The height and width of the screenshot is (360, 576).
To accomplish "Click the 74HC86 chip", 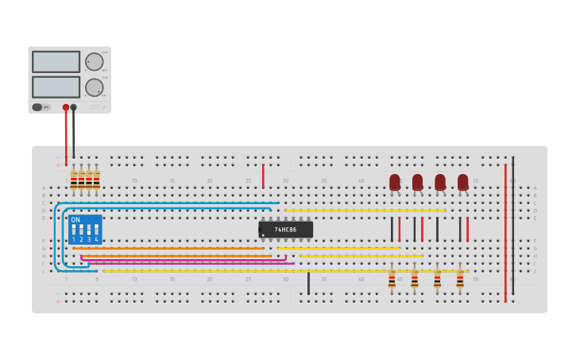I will click(x=285, y=230).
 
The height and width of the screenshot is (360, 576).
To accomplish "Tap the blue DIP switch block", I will click(x=85, y=230).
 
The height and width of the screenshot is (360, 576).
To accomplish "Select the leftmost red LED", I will click(x=395, y=182).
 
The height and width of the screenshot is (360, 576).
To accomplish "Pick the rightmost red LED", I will click(x=462, y=182).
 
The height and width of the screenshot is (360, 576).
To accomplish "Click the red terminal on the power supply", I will click(x=66, y=107).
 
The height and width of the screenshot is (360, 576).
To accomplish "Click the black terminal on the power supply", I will click(x=74, y=107).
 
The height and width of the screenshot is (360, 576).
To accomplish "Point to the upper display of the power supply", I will click(x=56, y=62).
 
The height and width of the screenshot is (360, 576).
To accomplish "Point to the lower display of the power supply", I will click(x=56, y=86).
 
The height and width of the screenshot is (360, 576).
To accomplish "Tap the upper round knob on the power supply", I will click(x=94, y=62).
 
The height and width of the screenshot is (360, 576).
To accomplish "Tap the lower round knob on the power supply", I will click(x=94, y=87).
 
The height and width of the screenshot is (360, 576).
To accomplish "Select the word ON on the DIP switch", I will click(x=75, y=220).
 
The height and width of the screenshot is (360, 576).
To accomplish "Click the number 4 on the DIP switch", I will click(x=96, y=239).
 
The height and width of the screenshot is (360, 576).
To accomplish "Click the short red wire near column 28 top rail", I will click(x=263, y=176).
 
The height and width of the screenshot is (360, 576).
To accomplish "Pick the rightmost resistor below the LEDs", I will click(x=460, y=279).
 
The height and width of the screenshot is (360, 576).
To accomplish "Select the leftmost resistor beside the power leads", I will click(x=73, y=180).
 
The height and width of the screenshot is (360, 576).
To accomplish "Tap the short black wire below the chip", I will click(x=308, y=283).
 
